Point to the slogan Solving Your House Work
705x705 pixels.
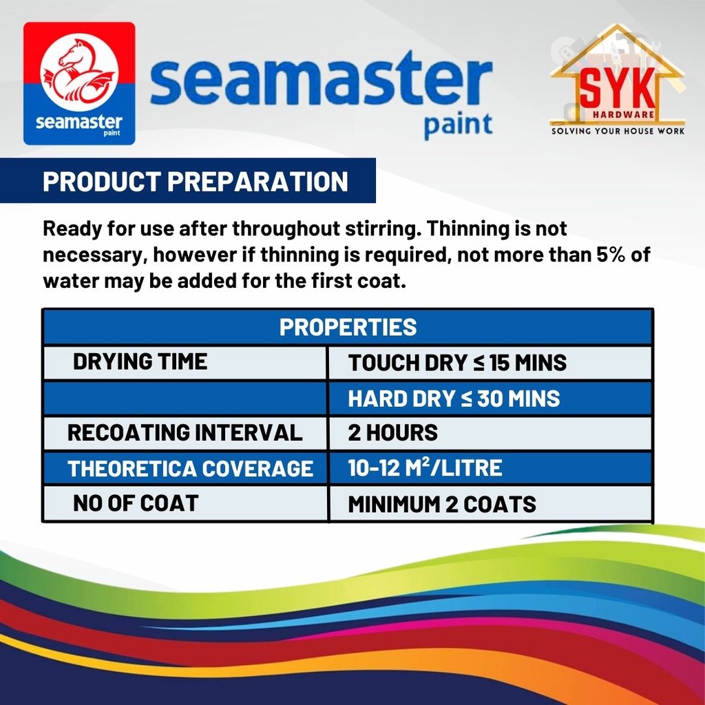(x=618, y=131)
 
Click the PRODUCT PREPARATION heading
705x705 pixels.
(x=195, y=181)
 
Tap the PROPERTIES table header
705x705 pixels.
(x=348, y=327)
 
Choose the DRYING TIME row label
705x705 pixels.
(x=140, y=362)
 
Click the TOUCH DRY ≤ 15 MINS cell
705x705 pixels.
(x=457, y=363)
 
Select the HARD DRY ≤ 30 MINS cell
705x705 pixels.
(x=454, y=399)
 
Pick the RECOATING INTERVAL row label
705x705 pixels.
(x=185, y=432)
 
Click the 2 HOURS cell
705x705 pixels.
(x=392, y=432)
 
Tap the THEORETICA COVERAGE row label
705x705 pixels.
(x=190, y=468)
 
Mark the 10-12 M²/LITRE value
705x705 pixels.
(x=425, y=467)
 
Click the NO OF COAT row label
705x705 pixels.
(x=136, y=503)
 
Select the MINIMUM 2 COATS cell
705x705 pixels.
(x=441, y=504)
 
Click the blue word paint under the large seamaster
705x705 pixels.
(x=458, y=125)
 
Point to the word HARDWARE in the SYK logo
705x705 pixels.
(x=623, y=115)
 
